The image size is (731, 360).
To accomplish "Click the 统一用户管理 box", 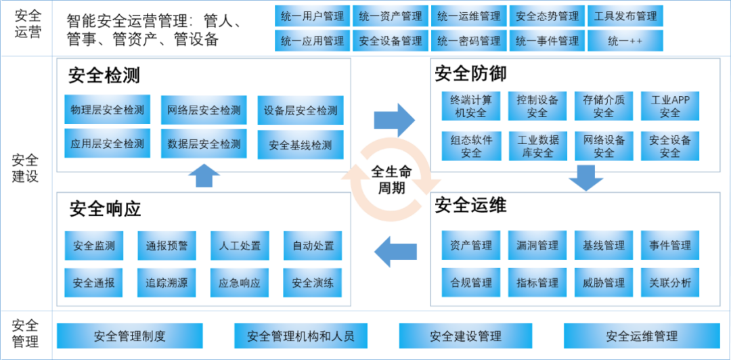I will pyautogui.click(x=313, y=16).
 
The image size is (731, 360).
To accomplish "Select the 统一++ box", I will pyautogui.click(x=625, y=41).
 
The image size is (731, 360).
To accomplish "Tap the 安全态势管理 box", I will pyautogui.click(x=547, y=16).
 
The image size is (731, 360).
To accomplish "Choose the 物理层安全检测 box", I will pyautogui.click(x=107, y=110).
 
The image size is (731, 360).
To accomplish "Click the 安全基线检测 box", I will pyautogui.click(x=301, y=145).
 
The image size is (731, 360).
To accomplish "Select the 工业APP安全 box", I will pyautogui.click(x=669, y=106).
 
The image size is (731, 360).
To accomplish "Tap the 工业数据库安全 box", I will pyautogui.click(x=538, y=146).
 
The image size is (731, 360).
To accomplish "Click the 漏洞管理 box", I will pyautogui.click(x=538, y=246).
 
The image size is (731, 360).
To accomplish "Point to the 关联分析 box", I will pyautogui.click(x=669, y=283).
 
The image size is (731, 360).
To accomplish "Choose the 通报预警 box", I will pyautogui.click(x=167, y=246).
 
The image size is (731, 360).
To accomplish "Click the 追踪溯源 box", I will pyautogui.click(x=167, y=283).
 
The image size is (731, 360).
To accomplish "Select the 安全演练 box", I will pyautogui.click(x=313, y=283).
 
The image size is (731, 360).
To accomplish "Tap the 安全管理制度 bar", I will pyautogui.click(x=129, y=336).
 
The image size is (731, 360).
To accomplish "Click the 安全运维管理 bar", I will pyautogui.click(x=641, y=336).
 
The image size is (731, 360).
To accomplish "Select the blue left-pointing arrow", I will pyautogui.click(x=395, y=252).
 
